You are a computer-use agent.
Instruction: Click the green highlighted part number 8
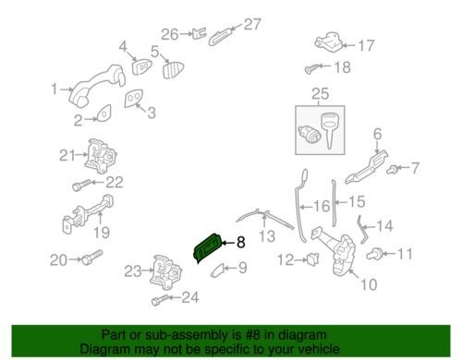click(208, 248)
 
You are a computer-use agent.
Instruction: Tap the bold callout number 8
click(240, 243)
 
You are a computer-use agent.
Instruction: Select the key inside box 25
click(330, 130)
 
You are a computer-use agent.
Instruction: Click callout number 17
click(366, 46)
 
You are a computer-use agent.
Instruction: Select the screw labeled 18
click(311, 69)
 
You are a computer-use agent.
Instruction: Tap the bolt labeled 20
click(91, 257)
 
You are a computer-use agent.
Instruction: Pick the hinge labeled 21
click(101, 157)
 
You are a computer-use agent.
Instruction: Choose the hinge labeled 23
click(165, 272)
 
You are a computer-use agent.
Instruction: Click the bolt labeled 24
click(160, 300)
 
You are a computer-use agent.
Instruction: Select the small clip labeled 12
click(313, 259)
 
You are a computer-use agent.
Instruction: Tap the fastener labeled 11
click(374, 254)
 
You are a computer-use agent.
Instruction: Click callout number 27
click(252, 25)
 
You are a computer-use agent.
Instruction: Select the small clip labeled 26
click(199, 33)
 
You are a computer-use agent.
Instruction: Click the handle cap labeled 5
click(173, 70)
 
